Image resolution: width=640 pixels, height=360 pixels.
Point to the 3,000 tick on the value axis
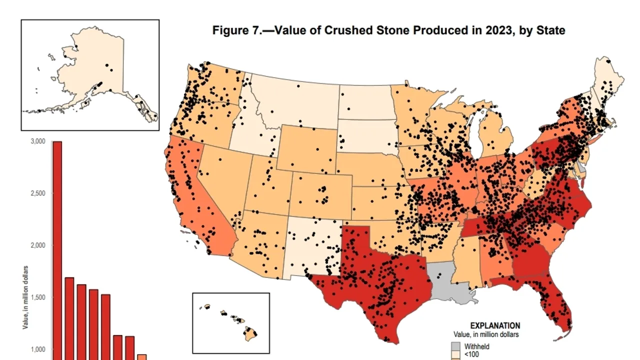[x=38, y=141]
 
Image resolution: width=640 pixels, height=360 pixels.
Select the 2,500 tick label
[x=38, y=193]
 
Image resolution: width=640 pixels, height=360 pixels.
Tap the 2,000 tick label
[x=38, y=245]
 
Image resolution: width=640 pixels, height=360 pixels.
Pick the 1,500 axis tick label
[x=38, y=297]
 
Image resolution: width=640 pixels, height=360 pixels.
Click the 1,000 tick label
[x=38, y=349]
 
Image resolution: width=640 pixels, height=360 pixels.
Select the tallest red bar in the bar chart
[x=57, y=250]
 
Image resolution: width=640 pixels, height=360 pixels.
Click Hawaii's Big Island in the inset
[x=250, y=334]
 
